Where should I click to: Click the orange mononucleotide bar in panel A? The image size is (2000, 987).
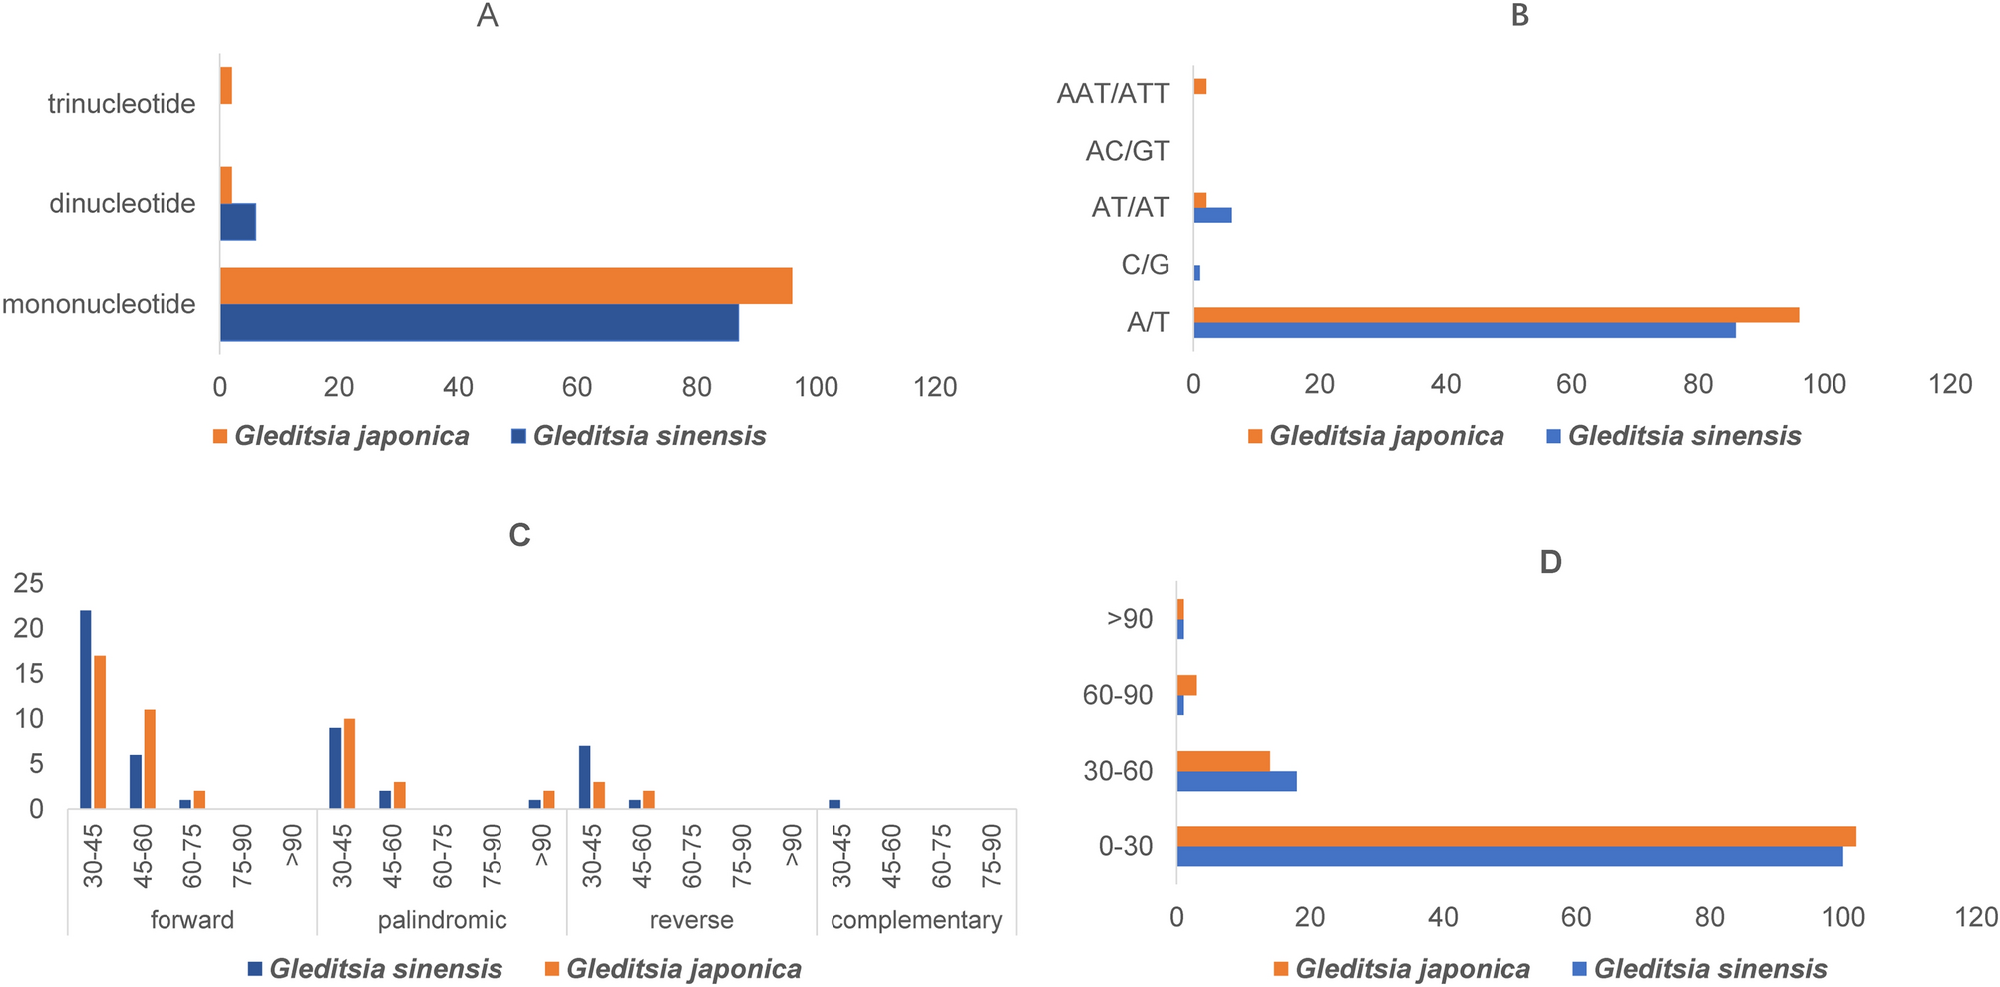pyautogui.click(x=505, y=286)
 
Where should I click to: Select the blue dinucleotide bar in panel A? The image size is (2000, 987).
pyautogui.click(x=237, y=222)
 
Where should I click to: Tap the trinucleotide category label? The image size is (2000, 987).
pyautogui.click(x=122, y=104)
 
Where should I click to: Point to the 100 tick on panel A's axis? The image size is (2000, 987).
pyautogui.click(x=816, y=387)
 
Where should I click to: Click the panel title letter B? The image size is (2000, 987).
pyautogui.click(x=1519, y=16)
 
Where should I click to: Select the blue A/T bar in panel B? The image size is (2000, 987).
pyautogui.click(x=1464, y=330)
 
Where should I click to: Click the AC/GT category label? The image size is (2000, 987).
pyautogui.click(x=1128, y=151)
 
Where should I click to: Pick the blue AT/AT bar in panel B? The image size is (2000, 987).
pyautogui.click(x=1212, y=215)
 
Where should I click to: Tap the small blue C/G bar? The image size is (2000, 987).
pyautogui.click(x=1197, y=272)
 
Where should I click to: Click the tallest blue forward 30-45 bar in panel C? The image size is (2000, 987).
pyautogui.click(x=86, y=709)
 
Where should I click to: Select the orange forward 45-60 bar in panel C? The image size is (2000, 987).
pyautogui.click(x=150, y=758)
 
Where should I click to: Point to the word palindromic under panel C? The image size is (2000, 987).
pyautogui.click(x=442, y=920)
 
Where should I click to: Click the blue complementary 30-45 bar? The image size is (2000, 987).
pyautogui.click(x=834, y=804)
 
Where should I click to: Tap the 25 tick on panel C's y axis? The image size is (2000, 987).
pyautogui.click(x=29, y=583)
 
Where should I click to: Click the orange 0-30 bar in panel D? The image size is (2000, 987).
pyautogui.click(x=1515, y=836)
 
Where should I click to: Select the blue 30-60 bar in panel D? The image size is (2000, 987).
pyautogui.click(x=1236, y=781)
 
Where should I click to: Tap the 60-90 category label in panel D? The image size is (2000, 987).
pyautogui.click(x=1117, y=695)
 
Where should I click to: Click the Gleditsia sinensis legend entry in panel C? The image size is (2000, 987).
pyautogui.click(x=375, y=969)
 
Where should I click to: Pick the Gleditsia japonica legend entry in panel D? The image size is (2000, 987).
pyautogui.click(x=1402, y=969)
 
